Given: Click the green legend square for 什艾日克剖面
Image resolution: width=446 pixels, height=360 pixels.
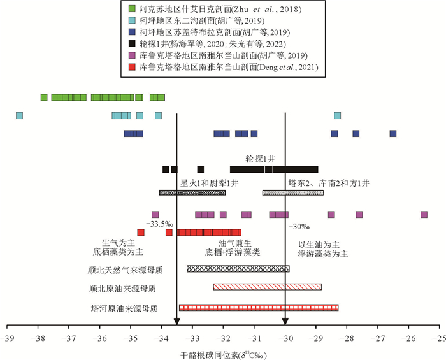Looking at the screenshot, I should [132, 9].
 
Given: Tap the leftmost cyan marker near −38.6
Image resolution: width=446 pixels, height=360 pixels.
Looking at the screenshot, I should [19, 115].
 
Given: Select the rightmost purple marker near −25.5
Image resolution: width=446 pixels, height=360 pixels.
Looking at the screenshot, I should [424, 215].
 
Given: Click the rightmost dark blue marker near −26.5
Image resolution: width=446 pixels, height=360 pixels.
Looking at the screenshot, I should [393, 133].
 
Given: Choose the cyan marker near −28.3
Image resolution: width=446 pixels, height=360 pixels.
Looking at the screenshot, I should [338, 115].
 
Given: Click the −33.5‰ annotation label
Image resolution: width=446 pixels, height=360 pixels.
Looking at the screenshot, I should [160, 224].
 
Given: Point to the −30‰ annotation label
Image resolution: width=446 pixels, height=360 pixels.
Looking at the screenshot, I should [299, 226].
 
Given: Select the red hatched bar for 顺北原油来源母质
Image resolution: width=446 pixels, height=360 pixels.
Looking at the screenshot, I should [267, 287].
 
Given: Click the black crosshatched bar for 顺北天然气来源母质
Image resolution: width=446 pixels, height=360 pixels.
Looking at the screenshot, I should [238, 269].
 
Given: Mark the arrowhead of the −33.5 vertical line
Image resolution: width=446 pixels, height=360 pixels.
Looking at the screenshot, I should [176, 320].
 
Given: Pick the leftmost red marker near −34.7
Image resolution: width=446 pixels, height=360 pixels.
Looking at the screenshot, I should [141, 233].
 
